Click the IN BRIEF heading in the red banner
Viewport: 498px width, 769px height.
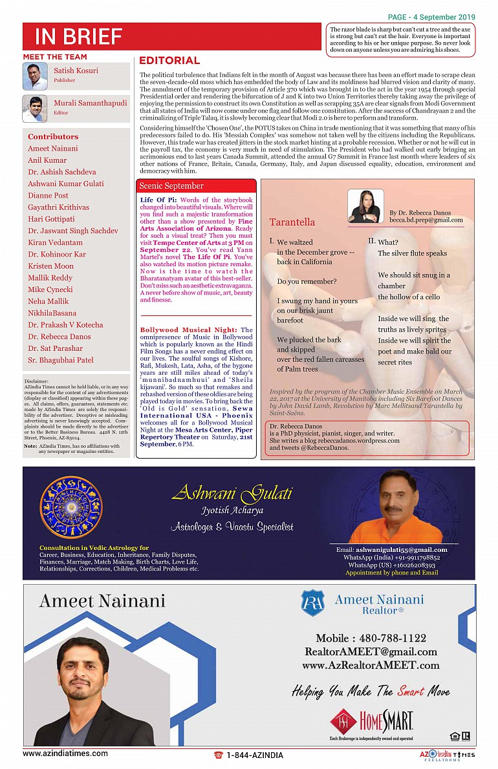pos(78,37)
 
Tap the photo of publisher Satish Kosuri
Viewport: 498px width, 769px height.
pos(35,76)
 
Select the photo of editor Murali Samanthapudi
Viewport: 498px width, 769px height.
pos(35,109)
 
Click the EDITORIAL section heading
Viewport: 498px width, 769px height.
pos(169,61)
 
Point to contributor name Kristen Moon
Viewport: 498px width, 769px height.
pos(50,266)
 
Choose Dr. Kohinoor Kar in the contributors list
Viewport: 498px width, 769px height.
pos(57,255)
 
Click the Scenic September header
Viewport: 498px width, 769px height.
pos(171,186)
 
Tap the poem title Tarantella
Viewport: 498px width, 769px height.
pos(292,222)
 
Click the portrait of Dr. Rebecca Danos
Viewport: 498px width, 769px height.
pos(365,206)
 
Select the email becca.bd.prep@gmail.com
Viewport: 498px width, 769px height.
pos(426,220)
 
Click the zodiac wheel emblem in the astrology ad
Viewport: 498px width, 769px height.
pos(71,508)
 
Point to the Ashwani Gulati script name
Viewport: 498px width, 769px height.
pos(232,495)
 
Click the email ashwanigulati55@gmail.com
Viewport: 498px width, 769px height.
pos(392,550)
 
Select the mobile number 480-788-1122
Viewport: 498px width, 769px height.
pos(371,638)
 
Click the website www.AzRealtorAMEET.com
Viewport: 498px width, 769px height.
pos(371,665)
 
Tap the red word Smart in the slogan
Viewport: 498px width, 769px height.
pos(411,691)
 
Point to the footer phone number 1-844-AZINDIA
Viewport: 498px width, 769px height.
pos(254,755)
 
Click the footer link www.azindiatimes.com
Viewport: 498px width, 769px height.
pos(65,753)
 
